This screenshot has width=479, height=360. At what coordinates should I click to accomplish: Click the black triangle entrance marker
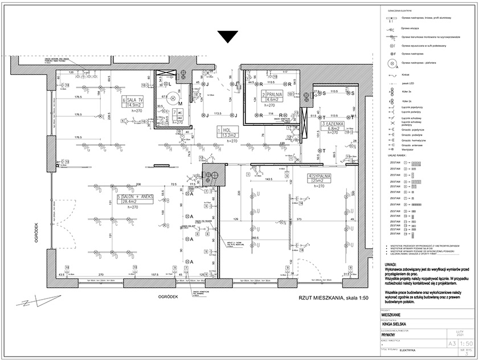click(227, 36)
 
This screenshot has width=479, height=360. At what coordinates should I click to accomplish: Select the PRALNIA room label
click(272, 93)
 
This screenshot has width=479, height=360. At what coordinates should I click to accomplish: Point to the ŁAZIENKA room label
click(332, 123)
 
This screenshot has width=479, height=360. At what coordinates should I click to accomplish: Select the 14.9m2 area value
click(134, 105)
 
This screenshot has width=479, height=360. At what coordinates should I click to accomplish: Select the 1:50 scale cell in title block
click(450, 343)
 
